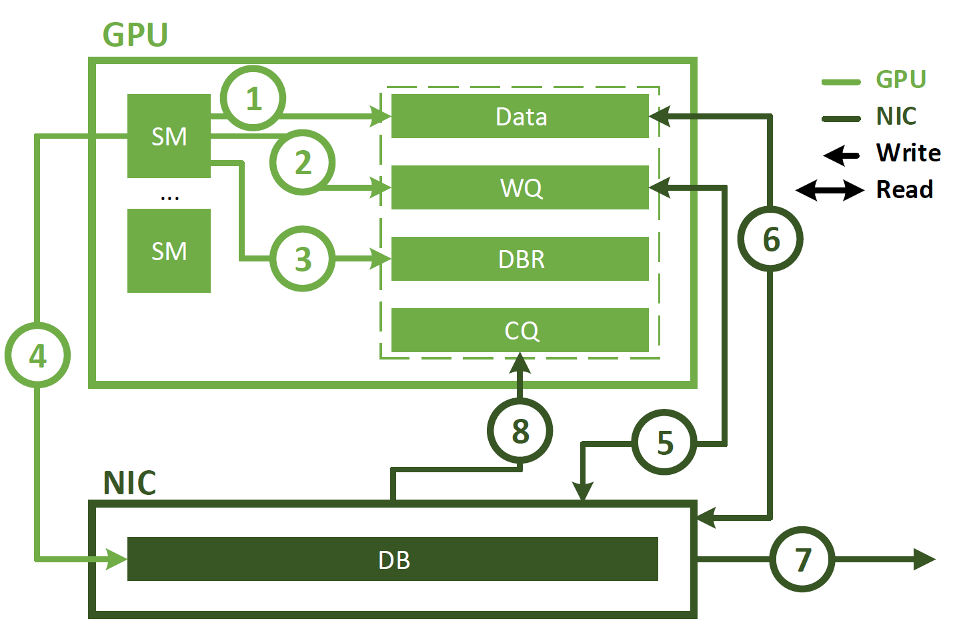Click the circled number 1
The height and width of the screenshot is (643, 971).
(253, 99)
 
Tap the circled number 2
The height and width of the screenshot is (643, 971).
(303, 162)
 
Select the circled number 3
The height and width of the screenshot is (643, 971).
(303, 259)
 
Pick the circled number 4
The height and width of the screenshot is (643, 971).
(38, 356)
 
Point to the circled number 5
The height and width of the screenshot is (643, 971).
(664, 442)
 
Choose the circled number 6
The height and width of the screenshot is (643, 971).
(770, 239)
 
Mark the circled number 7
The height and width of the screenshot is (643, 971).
(802, 559)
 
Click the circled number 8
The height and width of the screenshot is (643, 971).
(520, 431)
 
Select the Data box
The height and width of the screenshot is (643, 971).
(520, 117)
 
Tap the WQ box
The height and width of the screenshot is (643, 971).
(520, 187)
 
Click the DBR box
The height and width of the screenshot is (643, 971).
(520, 259)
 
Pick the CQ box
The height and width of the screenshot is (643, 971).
(520, 330)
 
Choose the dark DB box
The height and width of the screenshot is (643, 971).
(393, 559)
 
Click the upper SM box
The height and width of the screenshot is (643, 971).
(169, 136)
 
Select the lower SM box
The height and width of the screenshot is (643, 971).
(169, 251)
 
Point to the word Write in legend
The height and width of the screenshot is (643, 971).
(908, 153)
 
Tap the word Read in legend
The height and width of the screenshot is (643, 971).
(904, 189)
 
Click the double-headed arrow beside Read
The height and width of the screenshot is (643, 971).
(830, 190)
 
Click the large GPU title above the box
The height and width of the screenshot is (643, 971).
(135, 35)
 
